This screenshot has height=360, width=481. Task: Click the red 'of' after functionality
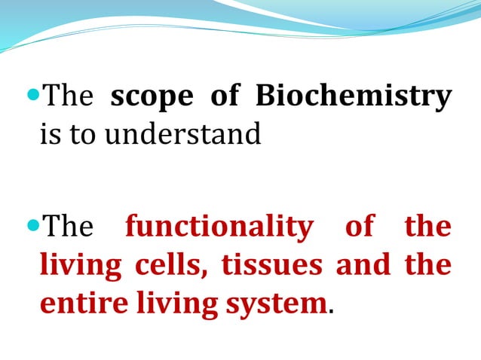coord(360,226)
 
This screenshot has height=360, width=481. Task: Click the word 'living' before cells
coord(81,266)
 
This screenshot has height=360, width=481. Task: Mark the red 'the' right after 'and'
coord(428,265)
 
